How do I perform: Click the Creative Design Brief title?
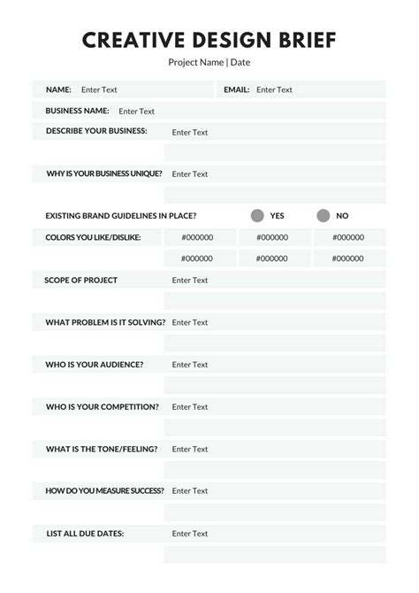[x=209, y=40]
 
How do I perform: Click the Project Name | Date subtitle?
[x=209, y=62]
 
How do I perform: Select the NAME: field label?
[x=58, y=89]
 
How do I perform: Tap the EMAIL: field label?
[x=236, y=89]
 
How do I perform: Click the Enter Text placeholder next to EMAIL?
[x=274, y=89]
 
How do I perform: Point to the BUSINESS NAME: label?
[x=77, y=111]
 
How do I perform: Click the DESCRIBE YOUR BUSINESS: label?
[x=96, y=131]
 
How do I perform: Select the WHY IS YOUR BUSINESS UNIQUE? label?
[x=104, y=173]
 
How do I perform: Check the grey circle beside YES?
[x=257, y=215]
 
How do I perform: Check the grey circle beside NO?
[x=324, y=215]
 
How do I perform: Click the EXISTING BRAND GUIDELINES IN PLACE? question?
[x=121, y=215]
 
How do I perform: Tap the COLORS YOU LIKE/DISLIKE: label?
[x=93, y=237]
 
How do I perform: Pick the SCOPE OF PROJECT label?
[x=81, y=280]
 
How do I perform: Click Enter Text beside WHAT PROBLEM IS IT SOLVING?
[x=190, y=322]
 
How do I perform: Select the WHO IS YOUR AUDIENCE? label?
[x=94, y=364]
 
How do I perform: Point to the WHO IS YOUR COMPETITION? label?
[x=103, y=406]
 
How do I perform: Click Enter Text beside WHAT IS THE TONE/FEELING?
[x=190, y=449]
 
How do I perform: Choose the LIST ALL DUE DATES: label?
[x=85, y=533]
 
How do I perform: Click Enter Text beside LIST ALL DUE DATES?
[x=190, y=533]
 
